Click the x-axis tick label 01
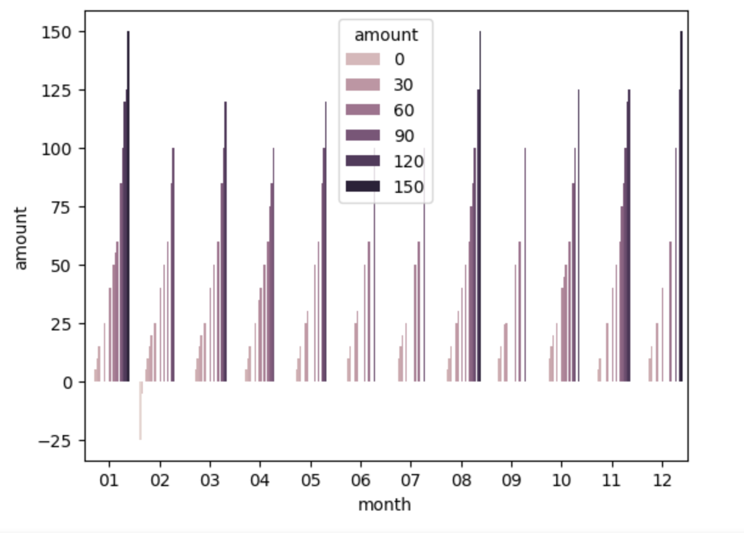109,480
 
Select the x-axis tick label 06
360,480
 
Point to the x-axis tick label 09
511,480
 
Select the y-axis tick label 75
60,207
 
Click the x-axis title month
384,504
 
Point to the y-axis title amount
21,238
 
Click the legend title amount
386,35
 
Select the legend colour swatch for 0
362,59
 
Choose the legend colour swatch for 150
362,186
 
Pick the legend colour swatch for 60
362,110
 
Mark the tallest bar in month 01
128,207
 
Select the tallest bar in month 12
681,207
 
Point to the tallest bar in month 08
480,207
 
